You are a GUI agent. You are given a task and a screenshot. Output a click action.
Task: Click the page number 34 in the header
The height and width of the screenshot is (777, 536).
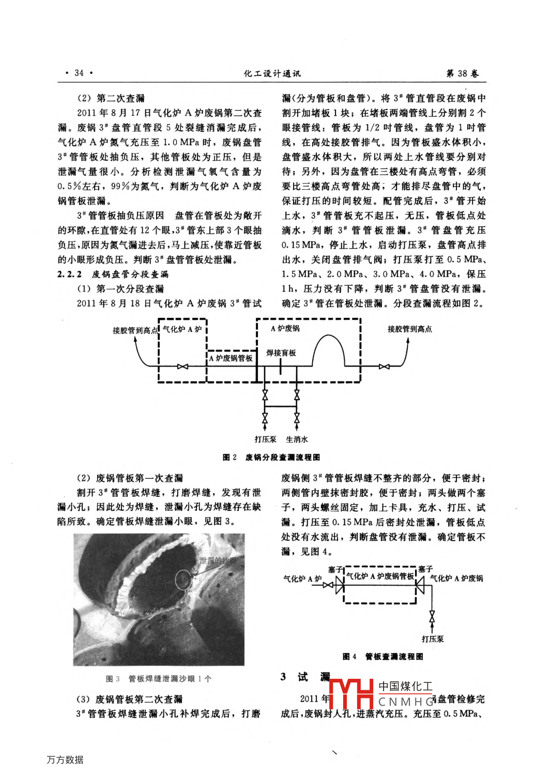(x=79, y=73)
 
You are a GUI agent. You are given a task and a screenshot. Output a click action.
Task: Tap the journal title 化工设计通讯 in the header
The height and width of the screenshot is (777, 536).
(x=272, y=73)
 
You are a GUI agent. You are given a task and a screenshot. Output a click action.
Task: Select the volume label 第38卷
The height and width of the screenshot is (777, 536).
(x=463, y=73)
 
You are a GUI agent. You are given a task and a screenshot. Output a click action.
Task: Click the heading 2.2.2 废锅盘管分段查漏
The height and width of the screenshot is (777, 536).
(x=113, y=274)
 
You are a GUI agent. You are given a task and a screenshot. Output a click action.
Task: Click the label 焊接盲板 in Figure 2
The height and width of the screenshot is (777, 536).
(x=281, y=353)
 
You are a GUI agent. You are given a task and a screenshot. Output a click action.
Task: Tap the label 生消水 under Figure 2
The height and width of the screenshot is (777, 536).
(x=297, y=439)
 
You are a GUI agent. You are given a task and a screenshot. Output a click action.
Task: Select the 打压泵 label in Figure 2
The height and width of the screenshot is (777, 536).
(x=265, y=439)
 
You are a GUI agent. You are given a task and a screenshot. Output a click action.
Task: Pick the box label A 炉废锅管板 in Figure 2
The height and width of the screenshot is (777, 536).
(x=231, y=358)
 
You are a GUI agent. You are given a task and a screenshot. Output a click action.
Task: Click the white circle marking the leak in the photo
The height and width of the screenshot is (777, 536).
(x=183, y=579)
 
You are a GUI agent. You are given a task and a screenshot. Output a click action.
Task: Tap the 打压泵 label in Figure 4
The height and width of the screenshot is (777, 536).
(x=433, y=639)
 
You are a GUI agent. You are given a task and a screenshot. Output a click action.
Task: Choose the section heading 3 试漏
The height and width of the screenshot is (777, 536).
(x=305, y=677)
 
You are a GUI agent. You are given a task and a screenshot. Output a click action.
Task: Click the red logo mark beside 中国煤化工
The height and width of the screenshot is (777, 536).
(x=351, y=693)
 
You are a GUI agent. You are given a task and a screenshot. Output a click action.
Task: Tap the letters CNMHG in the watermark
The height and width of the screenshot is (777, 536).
(x=406, y=702)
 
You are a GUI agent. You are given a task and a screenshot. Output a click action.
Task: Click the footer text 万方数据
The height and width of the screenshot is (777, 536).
(x=65, y=759)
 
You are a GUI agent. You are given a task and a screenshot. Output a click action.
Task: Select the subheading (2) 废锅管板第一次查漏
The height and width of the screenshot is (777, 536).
(x=130, y=478)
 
